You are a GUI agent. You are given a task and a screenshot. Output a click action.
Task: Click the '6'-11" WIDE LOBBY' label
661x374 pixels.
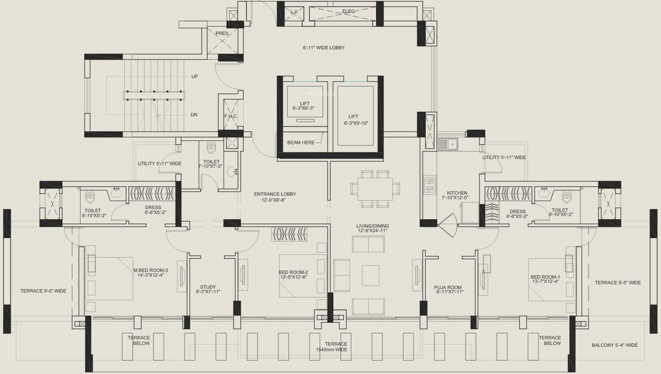tap(324, 48)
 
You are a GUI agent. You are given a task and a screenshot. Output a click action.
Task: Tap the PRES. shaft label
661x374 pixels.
tap(222, 34)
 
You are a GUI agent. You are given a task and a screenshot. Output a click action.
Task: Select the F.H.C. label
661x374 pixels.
tap(231, 117)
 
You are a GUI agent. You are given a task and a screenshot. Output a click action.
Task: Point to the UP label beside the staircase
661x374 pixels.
tap(194, 77)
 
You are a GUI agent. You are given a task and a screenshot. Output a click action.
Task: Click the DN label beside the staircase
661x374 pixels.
tap(194, 115)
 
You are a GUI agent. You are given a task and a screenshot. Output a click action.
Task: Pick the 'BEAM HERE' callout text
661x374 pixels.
tap(301, 142)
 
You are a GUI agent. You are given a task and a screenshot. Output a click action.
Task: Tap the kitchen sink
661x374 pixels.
tap(448, 144)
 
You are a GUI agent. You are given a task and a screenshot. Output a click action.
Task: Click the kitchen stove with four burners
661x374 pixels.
tap(429, 185)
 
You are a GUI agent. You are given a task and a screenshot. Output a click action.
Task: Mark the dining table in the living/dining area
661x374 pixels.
tap(375, 188)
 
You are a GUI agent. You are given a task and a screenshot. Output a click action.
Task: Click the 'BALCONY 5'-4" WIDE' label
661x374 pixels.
tap(614, 345)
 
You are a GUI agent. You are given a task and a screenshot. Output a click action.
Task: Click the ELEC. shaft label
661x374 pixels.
tap(348, 11)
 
